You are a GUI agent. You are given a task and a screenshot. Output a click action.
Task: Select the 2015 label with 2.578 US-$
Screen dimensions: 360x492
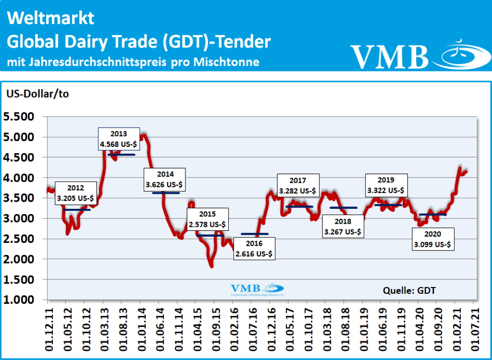[207, 219]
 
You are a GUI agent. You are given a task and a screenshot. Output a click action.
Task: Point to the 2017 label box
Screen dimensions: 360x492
[298, 186]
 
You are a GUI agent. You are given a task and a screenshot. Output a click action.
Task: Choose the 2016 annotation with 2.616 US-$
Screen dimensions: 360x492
[254, 249]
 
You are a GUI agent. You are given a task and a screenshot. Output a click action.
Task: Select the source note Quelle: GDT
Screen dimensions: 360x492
[409, 290]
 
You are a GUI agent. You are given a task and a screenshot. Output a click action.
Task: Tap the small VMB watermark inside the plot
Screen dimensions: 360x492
[257, 289]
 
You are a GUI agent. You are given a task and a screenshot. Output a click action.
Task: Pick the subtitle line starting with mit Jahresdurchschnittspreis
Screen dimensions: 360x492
[133, 62]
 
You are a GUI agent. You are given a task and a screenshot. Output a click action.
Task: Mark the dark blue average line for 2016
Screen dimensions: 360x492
[255, 234]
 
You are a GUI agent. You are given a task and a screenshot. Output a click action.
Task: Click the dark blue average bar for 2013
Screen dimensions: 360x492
[122, 155]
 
